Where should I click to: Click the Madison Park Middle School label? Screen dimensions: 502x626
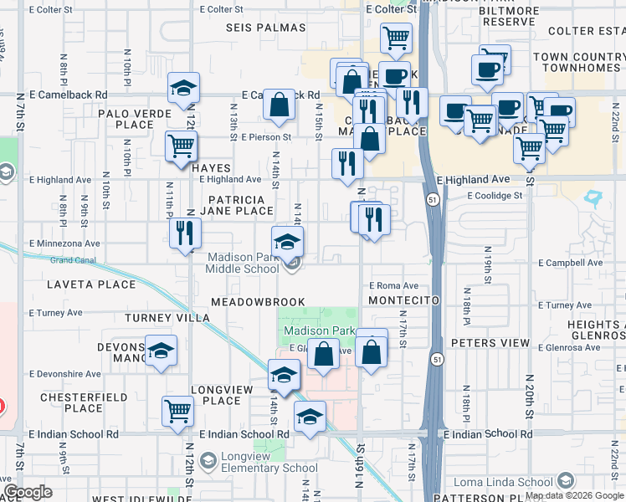243,263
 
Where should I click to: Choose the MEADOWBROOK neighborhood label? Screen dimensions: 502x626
258,301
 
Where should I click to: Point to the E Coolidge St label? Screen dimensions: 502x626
494,196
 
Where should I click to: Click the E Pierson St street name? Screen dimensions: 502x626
265,136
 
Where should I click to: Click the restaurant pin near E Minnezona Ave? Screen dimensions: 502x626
185,233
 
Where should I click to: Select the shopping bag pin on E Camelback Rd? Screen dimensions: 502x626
280,105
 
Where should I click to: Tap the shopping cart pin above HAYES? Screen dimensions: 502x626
181,146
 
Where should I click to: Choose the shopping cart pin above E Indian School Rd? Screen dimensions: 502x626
177,411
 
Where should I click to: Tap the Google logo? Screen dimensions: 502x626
27,492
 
